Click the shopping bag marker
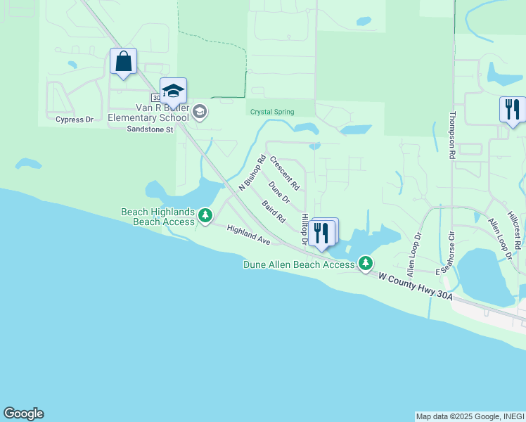click(x=124, y=61)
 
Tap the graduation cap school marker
click(x=173, y=91)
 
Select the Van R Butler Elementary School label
click(x=148, y=113)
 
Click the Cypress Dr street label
click(x=75, y=120)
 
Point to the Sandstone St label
click(x=149, y=129)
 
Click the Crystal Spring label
click(x=271, y=112)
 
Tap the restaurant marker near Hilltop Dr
click(x=321, y=233)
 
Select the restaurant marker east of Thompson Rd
click(x=512, y=109)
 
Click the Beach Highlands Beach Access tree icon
click(x=205, y=215)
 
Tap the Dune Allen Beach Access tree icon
click(x=366, y=264)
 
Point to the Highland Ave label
click(x=248, y=236)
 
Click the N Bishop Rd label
click(x=252, y=173)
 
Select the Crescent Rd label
click(x=285, y=173)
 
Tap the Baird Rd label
click(x=273, y=212)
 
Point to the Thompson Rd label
click(x=452, y=136)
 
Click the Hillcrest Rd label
click(x=517, y=230)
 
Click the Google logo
click(x=23, y=414)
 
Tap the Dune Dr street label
click(x=279, y=192)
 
